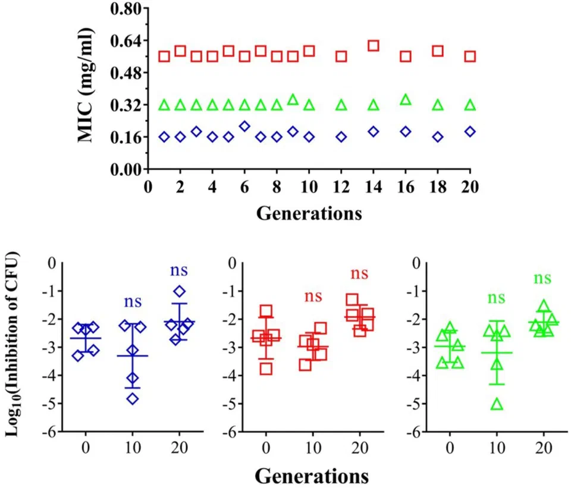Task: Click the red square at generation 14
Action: pyautogui.click(x=374, y=46)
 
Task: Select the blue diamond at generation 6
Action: pyautogui.click(x=244, y=126)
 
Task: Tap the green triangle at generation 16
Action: pyautogui.click(x=405, y=99)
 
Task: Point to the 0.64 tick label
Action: pyautogui.click(x=126, y=41)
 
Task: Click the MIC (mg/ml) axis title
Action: pyautogui.click(x=86, y=85)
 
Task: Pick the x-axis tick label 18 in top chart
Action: pyautogui.click(x=438, y=187)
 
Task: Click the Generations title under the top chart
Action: pyautogui.click(x=309, y=213)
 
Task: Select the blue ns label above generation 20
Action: pyautogui.click(x=179, y=270)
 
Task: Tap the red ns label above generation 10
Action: pyautogui.click(x=313, y=296)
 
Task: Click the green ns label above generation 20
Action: pyautogui.click(x=542, y=278)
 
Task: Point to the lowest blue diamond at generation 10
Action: pyautogui.click(x=133, y=399)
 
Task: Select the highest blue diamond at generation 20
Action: pyautogui.click(x=180, y=291)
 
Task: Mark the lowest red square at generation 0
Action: pyautogui.click(x=266, y=369)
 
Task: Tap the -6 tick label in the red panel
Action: pyautogui.click(x=229, y=432)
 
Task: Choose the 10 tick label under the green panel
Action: pyautogui.click(x=497, y=448)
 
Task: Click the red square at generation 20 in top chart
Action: pyautogui.click(x=470, y=56)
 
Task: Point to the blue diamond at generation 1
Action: pyautogui.click(x=164, y=137)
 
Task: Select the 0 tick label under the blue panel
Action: pyautogui.click(x=86, y=448)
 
